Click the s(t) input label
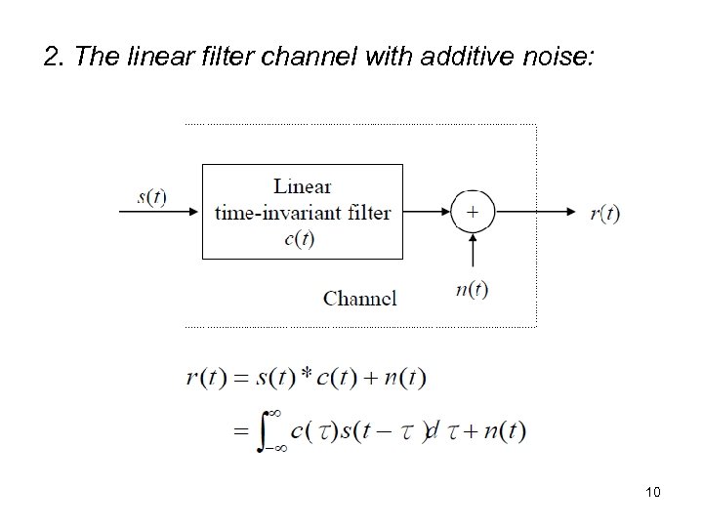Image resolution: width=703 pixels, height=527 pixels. (x=151, y=196)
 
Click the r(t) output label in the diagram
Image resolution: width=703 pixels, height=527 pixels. (x=604, y=213)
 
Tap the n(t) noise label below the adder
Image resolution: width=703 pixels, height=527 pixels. (x=473, y=290)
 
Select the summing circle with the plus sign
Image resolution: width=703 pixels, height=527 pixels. (x=473, y=211)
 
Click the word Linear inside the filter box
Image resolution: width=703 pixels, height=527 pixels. (x=303, y=186)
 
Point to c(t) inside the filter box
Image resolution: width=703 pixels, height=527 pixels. (x=299, y=238)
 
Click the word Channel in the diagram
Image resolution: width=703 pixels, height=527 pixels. (x=360, y=298)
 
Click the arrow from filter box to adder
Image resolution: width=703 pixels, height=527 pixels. (x=426, y=211)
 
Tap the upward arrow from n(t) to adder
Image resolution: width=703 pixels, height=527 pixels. (x=473, y=252)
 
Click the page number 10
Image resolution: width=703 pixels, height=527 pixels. (x=653, y=492)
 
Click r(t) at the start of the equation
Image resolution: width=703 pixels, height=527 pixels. (x=208, y=378)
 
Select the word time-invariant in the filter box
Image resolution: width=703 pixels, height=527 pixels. (x=303, y=213)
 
